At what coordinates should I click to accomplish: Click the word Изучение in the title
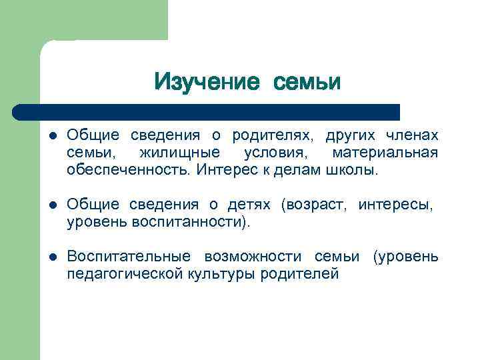206,82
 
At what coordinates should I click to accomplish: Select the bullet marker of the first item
53,136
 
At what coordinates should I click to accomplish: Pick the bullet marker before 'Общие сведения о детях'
53,205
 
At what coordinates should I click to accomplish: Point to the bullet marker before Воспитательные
53,257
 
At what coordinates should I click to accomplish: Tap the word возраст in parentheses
315,205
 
